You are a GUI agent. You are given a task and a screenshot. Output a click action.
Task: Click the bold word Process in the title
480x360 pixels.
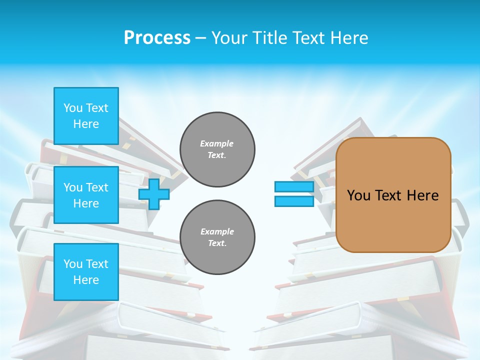157,37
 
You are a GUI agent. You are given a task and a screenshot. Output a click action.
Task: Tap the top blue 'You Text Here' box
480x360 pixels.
86,116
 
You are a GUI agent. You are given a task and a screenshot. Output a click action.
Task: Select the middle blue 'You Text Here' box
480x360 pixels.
86,195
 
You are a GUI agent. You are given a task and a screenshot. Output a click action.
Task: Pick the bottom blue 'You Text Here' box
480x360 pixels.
86,271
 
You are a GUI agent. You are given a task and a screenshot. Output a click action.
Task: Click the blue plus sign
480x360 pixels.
154,194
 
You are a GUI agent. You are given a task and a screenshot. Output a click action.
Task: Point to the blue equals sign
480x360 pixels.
294,194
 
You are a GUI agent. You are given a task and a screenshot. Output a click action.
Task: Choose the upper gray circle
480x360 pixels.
217,149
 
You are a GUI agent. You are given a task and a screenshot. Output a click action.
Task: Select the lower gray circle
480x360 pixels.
217,237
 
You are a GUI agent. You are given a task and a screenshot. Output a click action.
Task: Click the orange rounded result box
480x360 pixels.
393,195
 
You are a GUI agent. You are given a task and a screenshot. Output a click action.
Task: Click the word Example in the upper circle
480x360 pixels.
217,143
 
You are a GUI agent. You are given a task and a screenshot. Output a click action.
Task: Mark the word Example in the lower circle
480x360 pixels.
217,231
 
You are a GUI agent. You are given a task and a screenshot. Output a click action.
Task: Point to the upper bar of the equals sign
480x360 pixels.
294,187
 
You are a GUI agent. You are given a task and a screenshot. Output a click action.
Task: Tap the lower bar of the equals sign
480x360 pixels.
294,201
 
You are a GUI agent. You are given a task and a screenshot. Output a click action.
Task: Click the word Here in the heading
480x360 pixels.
349,37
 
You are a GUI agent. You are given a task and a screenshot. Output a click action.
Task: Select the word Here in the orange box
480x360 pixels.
422,195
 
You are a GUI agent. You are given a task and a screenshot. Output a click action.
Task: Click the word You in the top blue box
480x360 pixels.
73,108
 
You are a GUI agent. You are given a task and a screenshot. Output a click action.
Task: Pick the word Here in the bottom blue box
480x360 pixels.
86,280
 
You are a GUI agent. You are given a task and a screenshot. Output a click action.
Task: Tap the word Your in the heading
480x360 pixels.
229,37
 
